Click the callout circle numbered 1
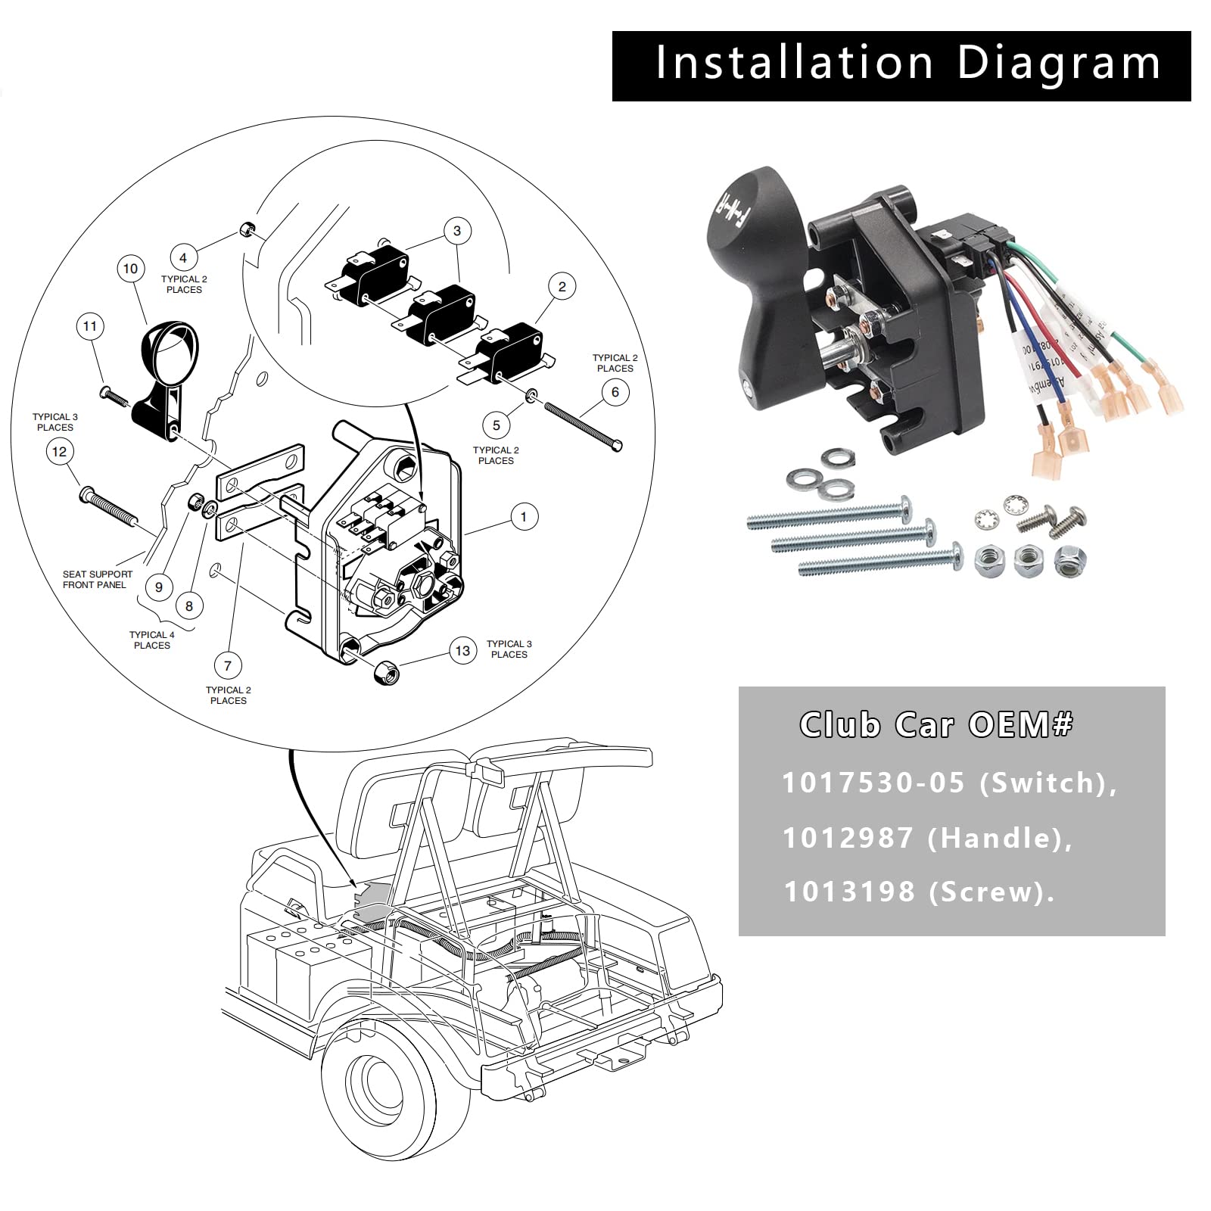[523, 517]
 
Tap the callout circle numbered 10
[130, 269]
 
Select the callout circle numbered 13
[462, 651]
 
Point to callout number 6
[615, 391]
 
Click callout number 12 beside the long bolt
[60, 452]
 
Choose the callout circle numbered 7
[228, 666]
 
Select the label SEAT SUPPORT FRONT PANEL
[97, 580]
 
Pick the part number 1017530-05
[873, 783]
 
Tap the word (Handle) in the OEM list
[999, 838]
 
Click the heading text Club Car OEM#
[936, 725]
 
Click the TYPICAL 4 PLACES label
[151, 640]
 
